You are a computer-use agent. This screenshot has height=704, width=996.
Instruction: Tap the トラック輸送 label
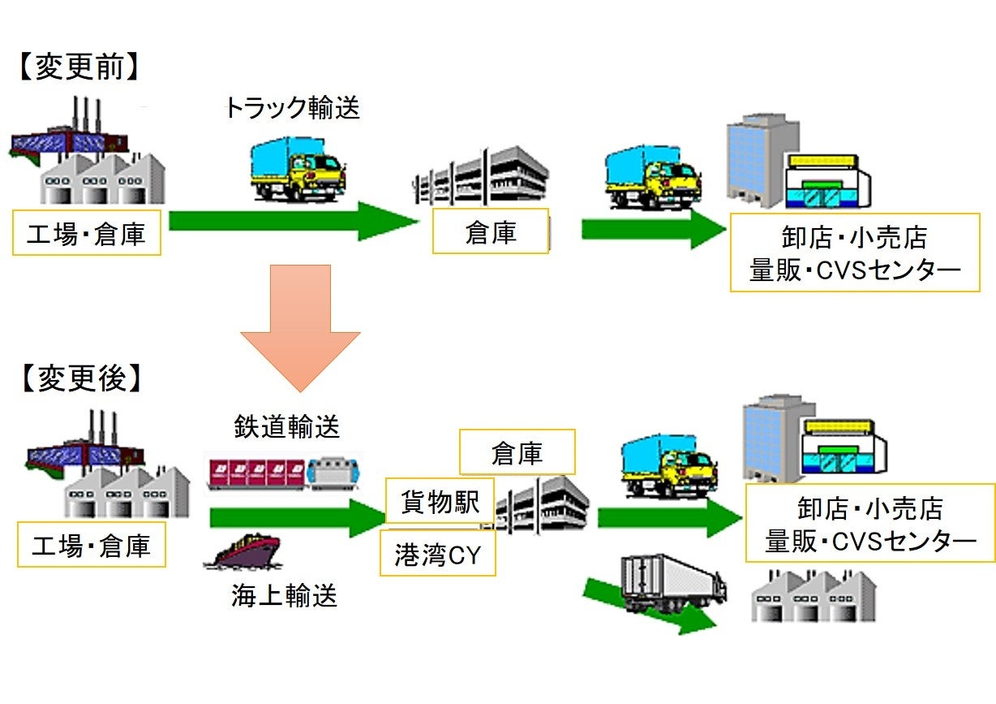tap(292, 108)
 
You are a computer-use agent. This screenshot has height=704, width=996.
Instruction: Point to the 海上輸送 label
tap(284, 597)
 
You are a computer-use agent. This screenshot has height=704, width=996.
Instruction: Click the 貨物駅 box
tap(439, 501)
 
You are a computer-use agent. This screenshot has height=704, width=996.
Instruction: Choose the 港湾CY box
tap(437, 555)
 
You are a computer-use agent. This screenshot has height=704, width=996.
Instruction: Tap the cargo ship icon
tap(243, 555)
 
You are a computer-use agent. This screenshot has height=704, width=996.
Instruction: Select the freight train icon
tap(285, 474)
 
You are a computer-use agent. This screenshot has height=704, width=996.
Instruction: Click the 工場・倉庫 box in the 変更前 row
tap(87, 234)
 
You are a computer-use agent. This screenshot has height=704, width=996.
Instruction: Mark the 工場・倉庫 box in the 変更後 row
tap(91, 545)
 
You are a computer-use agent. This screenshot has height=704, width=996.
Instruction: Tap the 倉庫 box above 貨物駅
tap(517, 452)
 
